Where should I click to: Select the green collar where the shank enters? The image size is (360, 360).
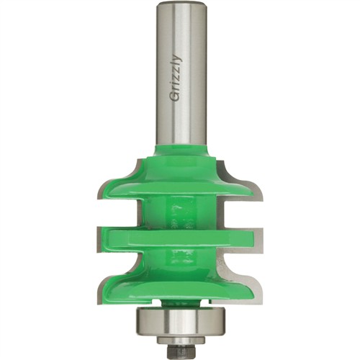pos(180,150)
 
